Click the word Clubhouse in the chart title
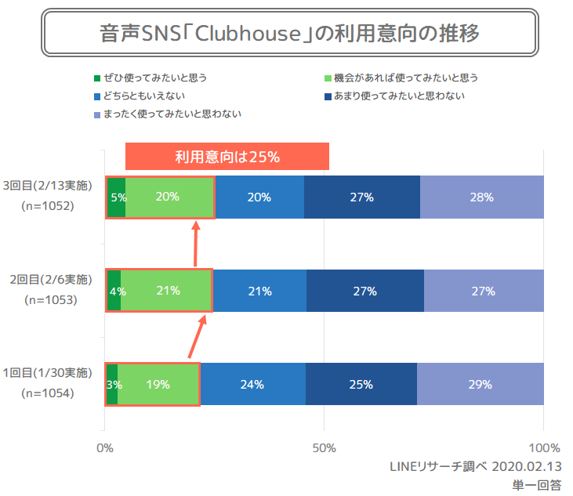click(252, 34)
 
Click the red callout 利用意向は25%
click(227, 157)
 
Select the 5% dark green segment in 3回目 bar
click(116, 197)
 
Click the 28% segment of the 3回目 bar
click(481, 197)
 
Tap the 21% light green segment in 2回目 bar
click(167, 291)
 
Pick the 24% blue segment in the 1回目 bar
click(252, 385)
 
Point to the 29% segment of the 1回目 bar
click(480, 385)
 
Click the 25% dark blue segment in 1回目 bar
click(361, 385)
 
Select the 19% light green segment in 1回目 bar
click(158, 385)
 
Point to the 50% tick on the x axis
click(324, 449)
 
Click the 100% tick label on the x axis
click(544, 449)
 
